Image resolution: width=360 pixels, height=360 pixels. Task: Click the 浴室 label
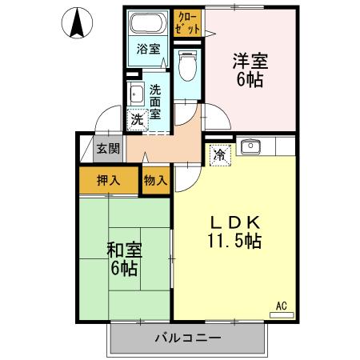tap(148, 48)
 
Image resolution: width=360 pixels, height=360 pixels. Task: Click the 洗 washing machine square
tap(138, 119)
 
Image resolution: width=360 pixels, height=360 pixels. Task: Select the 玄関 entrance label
tap(108, 148)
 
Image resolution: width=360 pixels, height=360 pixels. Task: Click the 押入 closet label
tap(109, 180)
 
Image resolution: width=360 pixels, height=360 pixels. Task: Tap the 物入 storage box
tap(155, 180)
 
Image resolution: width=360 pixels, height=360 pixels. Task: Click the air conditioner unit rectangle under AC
tap(282, 314)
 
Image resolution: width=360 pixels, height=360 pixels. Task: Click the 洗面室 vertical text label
tap(155, 102)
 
